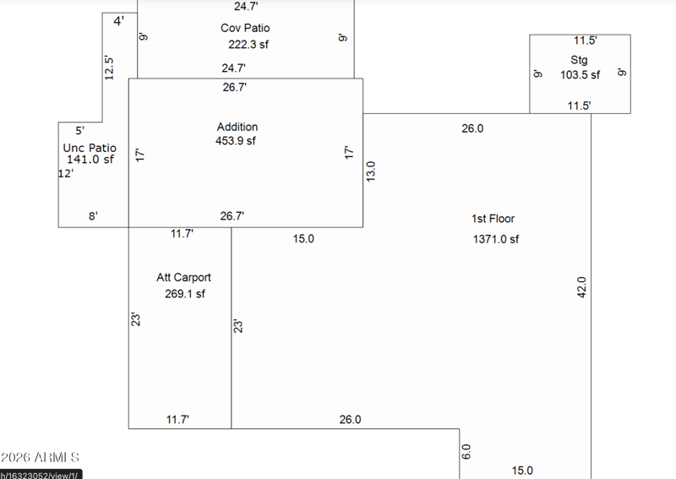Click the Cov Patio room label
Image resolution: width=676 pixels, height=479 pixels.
(x=245, y=28)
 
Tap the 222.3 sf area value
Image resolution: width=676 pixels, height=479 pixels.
(x=248, y=45)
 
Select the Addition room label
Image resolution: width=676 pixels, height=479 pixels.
(x=237, y=127)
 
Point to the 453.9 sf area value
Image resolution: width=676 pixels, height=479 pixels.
(x=236, y=141)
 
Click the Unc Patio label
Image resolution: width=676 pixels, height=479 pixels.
(x=90, y=148)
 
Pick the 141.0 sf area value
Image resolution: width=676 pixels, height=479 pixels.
(x=90, y=159)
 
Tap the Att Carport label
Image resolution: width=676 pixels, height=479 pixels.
(x=183, y=277)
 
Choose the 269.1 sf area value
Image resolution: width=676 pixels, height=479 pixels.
(x=184, y=294)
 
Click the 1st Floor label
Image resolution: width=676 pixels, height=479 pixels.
(x=493, y=219)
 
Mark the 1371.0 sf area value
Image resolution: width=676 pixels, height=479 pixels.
(x=496, y=239)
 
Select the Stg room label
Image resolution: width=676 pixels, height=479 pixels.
(x=579, y=60)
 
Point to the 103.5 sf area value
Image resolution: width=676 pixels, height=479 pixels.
(x=580, y=74)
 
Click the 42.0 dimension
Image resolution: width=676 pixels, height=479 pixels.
(x=581, y=287)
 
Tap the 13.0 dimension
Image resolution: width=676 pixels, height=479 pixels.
(x=371, y=171)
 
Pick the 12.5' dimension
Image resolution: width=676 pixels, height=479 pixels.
(x=109, y=68)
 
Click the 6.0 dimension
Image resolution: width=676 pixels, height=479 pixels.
(x=466, y=452)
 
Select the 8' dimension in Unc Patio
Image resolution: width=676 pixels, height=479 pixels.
(x=93, y=215)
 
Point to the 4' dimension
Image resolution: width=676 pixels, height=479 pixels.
(x=119, y=20)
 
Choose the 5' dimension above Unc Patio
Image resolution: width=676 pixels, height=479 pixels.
(x=79, y=131)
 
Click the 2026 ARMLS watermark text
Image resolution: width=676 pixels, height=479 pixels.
(x=40, y=457)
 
